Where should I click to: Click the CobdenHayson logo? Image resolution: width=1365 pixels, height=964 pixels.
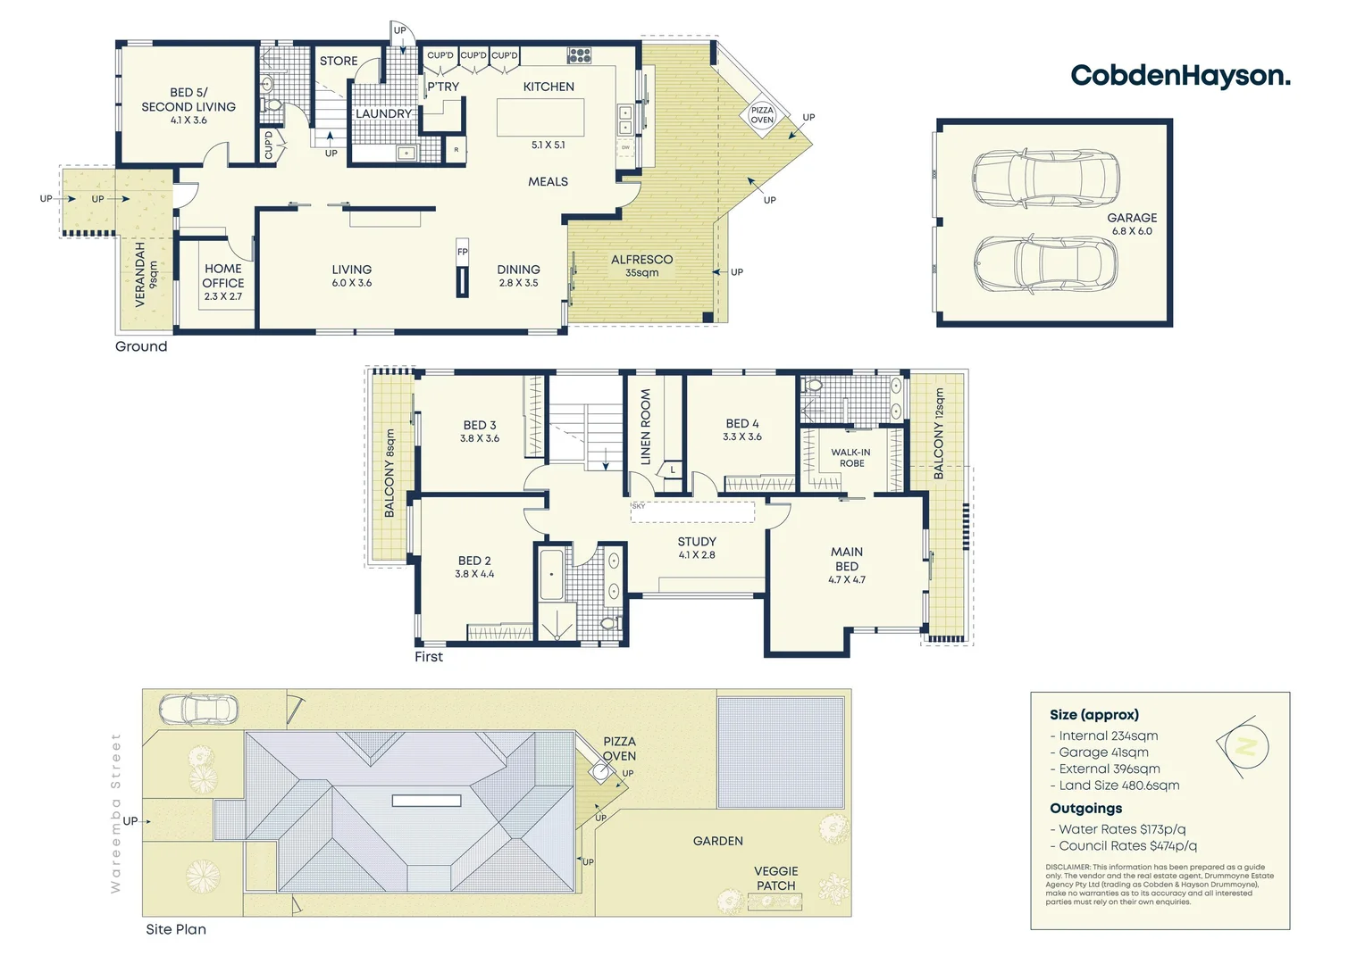(1179, 76)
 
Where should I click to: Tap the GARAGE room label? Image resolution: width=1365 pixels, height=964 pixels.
(1131, 223)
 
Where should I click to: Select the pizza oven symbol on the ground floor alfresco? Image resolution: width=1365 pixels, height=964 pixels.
(762, 115)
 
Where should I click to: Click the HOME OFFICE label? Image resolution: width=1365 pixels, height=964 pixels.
(223, 281)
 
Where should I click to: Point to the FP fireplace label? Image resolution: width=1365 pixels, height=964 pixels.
(462, 252)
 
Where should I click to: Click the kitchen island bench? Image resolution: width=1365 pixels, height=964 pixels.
(540, 117)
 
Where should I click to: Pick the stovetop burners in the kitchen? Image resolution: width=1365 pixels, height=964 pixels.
(579, 55)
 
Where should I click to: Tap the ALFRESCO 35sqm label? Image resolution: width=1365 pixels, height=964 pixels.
(641, 265)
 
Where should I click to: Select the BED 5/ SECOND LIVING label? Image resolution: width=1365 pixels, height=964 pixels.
(188, 105)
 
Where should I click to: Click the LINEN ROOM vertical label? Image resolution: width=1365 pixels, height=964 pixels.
(646, 427)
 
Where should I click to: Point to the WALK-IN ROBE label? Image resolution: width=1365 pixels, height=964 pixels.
(850, 457)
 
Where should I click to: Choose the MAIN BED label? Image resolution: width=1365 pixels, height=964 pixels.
(847, 564)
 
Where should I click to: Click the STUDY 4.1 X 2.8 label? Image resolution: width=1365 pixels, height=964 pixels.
(697, 547)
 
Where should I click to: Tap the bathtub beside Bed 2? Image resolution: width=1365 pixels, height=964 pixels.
(551, 574)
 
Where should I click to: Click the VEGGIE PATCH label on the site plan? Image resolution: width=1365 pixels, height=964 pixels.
(775, 878)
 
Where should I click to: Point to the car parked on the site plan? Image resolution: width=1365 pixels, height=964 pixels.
(198, 710)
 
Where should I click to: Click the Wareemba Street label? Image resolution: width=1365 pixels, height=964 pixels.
(115, 812)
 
